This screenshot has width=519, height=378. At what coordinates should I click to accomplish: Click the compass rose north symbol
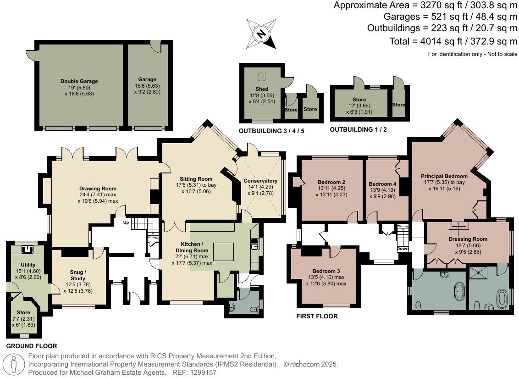(x=261, y=33)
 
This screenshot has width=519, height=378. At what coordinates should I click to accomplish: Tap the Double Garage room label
(x=79, y=81)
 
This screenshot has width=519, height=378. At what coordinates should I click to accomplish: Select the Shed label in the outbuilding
(x=262, y=89)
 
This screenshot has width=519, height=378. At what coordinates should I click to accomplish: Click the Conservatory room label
(x=260, y=181)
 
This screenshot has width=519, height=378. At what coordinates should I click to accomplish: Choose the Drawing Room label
(x=98, y=189)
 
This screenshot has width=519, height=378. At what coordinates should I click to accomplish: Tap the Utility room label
(x=28, y=265)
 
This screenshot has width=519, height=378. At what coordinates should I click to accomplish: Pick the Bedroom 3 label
(x=326, y=271)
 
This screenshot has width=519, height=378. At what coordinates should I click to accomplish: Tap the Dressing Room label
(x=468, y=239)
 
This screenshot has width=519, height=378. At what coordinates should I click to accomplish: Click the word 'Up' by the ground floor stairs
(x=126, y=222)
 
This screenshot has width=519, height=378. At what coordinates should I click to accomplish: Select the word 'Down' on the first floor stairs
(x=403, y=249)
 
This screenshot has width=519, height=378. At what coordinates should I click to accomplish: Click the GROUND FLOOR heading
(x=32, y=346)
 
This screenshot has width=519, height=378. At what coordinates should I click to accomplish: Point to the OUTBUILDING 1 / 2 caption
(x=358, y=130)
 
